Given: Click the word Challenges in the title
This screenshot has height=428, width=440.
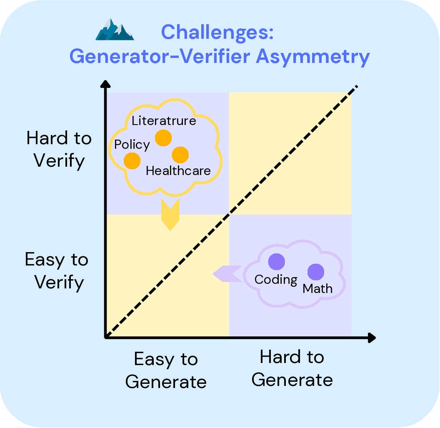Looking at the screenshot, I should [217, 32].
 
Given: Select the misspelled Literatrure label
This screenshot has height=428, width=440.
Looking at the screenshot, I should [164, 121].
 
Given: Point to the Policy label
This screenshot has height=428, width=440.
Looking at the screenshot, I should [132, 145].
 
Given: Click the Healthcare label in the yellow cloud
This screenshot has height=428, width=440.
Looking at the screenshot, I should [178, 170].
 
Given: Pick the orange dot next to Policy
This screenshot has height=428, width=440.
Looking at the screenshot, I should [132, 160].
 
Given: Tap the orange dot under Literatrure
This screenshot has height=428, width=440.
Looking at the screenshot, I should [163, 138].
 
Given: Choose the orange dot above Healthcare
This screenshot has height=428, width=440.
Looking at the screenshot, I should [180, 155].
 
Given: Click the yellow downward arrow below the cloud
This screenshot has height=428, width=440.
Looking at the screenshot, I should [170, 214].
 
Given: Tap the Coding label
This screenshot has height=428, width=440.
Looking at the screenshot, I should [276, 279].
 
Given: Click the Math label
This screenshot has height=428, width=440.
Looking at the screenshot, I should [317, 288].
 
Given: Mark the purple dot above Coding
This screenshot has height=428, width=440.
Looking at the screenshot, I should [276, 262].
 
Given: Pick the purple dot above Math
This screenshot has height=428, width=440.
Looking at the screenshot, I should [315, 272].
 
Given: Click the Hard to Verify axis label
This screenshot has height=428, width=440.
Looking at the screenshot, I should [59, 149].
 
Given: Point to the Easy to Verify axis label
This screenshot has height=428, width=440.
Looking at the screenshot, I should [57, 271].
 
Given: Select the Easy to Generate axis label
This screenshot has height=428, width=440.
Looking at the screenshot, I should [166, 370].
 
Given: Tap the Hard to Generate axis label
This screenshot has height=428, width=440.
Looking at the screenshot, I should [292, 369].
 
